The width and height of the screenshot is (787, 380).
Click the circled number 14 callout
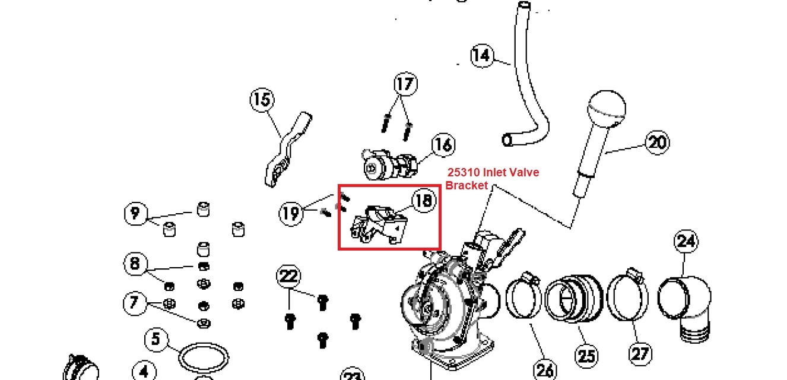(482, 56)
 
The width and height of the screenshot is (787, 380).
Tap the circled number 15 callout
(262, 100)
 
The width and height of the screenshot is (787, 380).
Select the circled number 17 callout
(406, 84)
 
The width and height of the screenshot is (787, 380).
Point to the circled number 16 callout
(443, 145)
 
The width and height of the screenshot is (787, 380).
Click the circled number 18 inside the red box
(424, 200)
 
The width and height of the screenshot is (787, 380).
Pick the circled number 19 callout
(291, 213)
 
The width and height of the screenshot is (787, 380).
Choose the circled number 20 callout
(658, 142)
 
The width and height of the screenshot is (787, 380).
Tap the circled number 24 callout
(686, 242)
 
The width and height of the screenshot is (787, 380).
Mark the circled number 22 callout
(288, 277)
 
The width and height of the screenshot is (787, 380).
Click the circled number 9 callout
(136, 213)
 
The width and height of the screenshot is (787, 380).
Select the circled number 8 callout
(135, 264)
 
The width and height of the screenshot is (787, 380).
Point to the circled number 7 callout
(135, 303)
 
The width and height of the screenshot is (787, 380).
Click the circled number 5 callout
(156, 339)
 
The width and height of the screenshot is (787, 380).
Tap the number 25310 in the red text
(464, 172)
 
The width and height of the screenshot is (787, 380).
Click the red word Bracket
(467, 186)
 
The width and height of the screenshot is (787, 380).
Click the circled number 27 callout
(640, 354)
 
